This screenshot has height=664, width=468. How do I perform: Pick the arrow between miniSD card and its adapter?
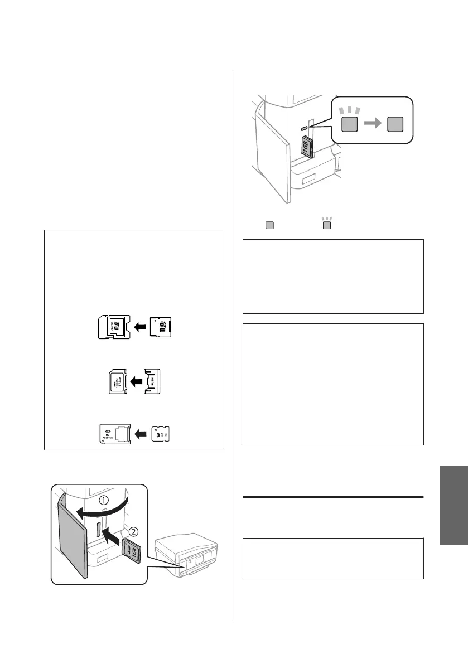141,327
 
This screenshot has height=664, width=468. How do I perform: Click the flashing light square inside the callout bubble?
350,125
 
